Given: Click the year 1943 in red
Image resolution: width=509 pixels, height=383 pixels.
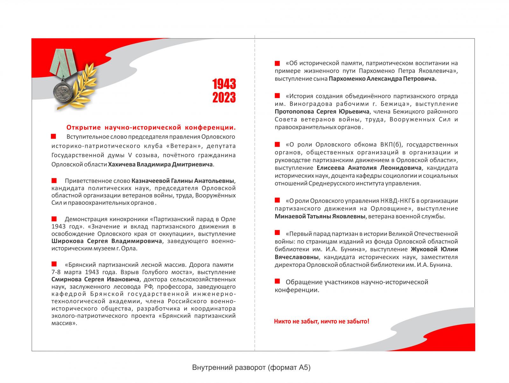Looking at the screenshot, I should [224, 84].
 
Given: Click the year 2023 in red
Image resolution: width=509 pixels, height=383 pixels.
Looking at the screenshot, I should [224, 97].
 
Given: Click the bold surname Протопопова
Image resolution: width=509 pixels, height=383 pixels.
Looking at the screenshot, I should [294, 111].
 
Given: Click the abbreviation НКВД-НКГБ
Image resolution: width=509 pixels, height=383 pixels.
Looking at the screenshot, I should [398, 201].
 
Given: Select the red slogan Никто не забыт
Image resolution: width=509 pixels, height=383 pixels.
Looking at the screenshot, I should [322, 321].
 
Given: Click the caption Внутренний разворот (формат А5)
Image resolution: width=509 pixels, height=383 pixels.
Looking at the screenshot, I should [251, 367].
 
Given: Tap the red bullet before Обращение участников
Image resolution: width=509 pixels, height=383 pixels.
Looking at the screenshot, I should [277, 281].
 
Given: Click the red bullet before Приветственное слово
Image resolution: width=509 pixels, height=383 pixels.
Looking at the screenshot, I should [54, 181].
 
